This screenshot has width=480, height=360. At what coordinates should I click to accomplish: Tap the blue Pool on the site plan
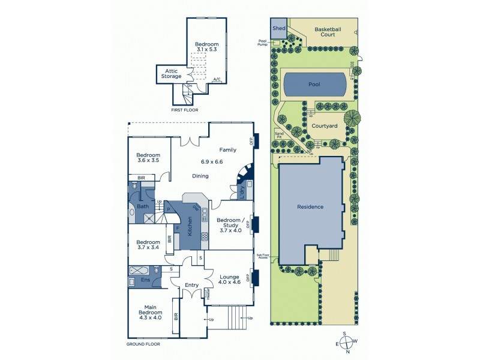pos(314,85)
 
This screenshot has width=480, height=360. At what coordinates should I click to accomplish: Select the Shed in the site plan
pos(279,28)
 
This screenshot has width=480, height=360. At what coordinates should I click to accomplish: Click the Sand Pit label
pos(278,135)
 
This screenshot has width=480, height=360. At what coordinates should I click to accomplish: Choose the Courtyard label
pos(323,126)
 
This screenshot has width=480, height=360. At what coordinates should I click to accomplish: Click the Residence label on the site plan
pos(310,207)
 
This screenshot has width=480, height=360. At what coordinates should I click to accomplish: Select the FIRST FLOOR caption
pos(185,110)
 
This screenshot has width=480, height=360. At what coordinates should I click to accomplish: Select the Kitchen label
pos(190,226)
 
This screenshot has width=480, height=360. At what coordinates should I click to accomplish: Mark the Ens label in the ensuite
pos(145,280)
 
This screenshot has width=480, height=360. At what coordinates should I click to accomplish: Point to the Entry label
pos(192,285)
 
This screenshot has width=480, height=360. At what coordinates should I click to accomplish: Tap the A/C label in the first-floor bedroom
pos(217,79)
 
